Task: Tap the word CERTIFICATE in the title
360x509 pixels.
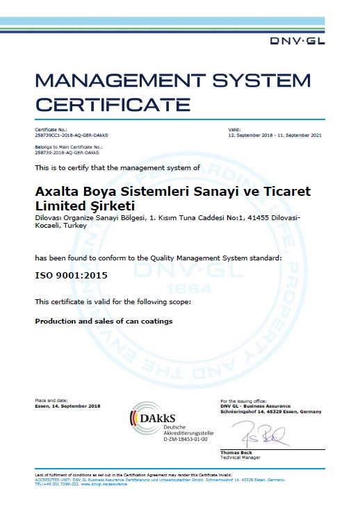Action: coord(113,106)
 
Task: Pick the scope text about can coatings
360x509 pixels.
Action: coord(104,321)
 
